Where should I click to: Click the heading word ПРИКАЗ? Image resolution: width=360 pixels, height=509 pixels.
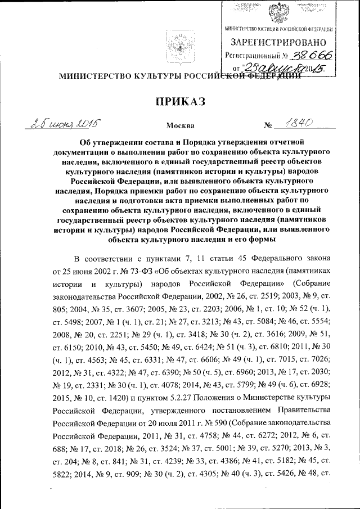180,102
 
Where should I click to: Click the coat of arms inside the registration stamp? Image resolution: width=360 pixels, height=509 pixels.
278,12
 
